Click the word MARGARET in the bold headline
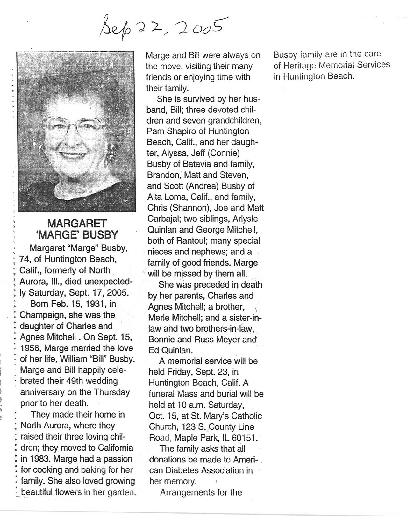pos(77,223)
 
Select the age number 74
pos(25,259)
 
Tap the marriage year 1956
pos(30,348)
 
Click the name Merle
pos(159,318)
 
